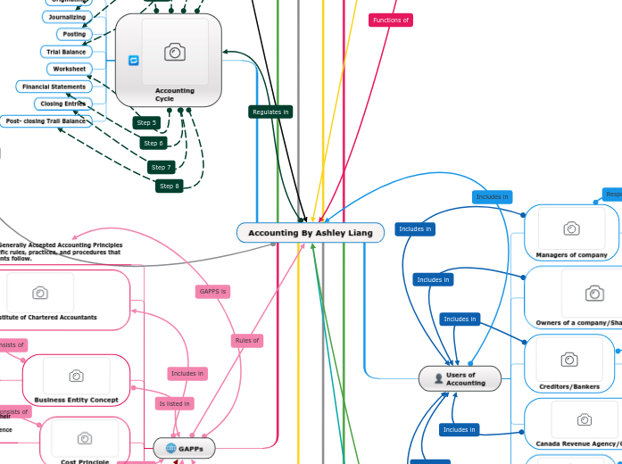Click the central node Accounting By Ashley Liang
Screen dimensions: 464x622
point(311,233)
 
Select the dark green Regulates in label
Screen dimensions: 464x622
point(270,112)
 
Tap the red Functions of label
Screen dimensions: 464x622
point(390,20)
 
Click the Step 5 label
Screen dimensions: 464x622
point(145,122)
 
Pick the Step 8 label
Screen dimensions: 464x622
point(169,186)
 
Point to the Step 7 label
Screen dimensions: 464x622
point(161,167)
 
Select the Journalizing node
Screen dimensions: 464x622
point(67,17)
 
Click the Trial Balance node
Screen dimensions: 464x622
point(66,52)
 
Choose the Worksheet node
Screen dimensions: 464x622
point(69,69)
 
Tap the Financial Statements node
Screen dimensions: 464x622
point(54,87)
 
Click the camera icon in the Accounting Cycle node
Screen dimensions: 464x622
point(175,53)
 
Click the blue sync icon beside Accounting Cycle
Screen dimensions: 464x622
point(134,61)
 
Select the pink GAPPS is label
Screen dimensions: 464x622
point(213,292)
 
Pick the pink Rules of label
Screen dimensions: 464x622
point(246,340)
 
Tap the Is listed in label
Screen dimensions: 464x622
point(174,403)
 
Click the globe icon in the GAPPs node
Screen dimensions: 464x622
point(170,448)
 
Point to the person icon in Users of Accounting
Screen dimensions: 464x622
point(438,378)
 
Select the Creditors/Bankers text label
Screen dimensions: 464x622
point(569,386)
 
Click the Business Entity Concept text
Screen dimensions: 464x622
point(76,400)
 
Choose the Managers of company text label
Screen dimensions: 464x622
point(571,254)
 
